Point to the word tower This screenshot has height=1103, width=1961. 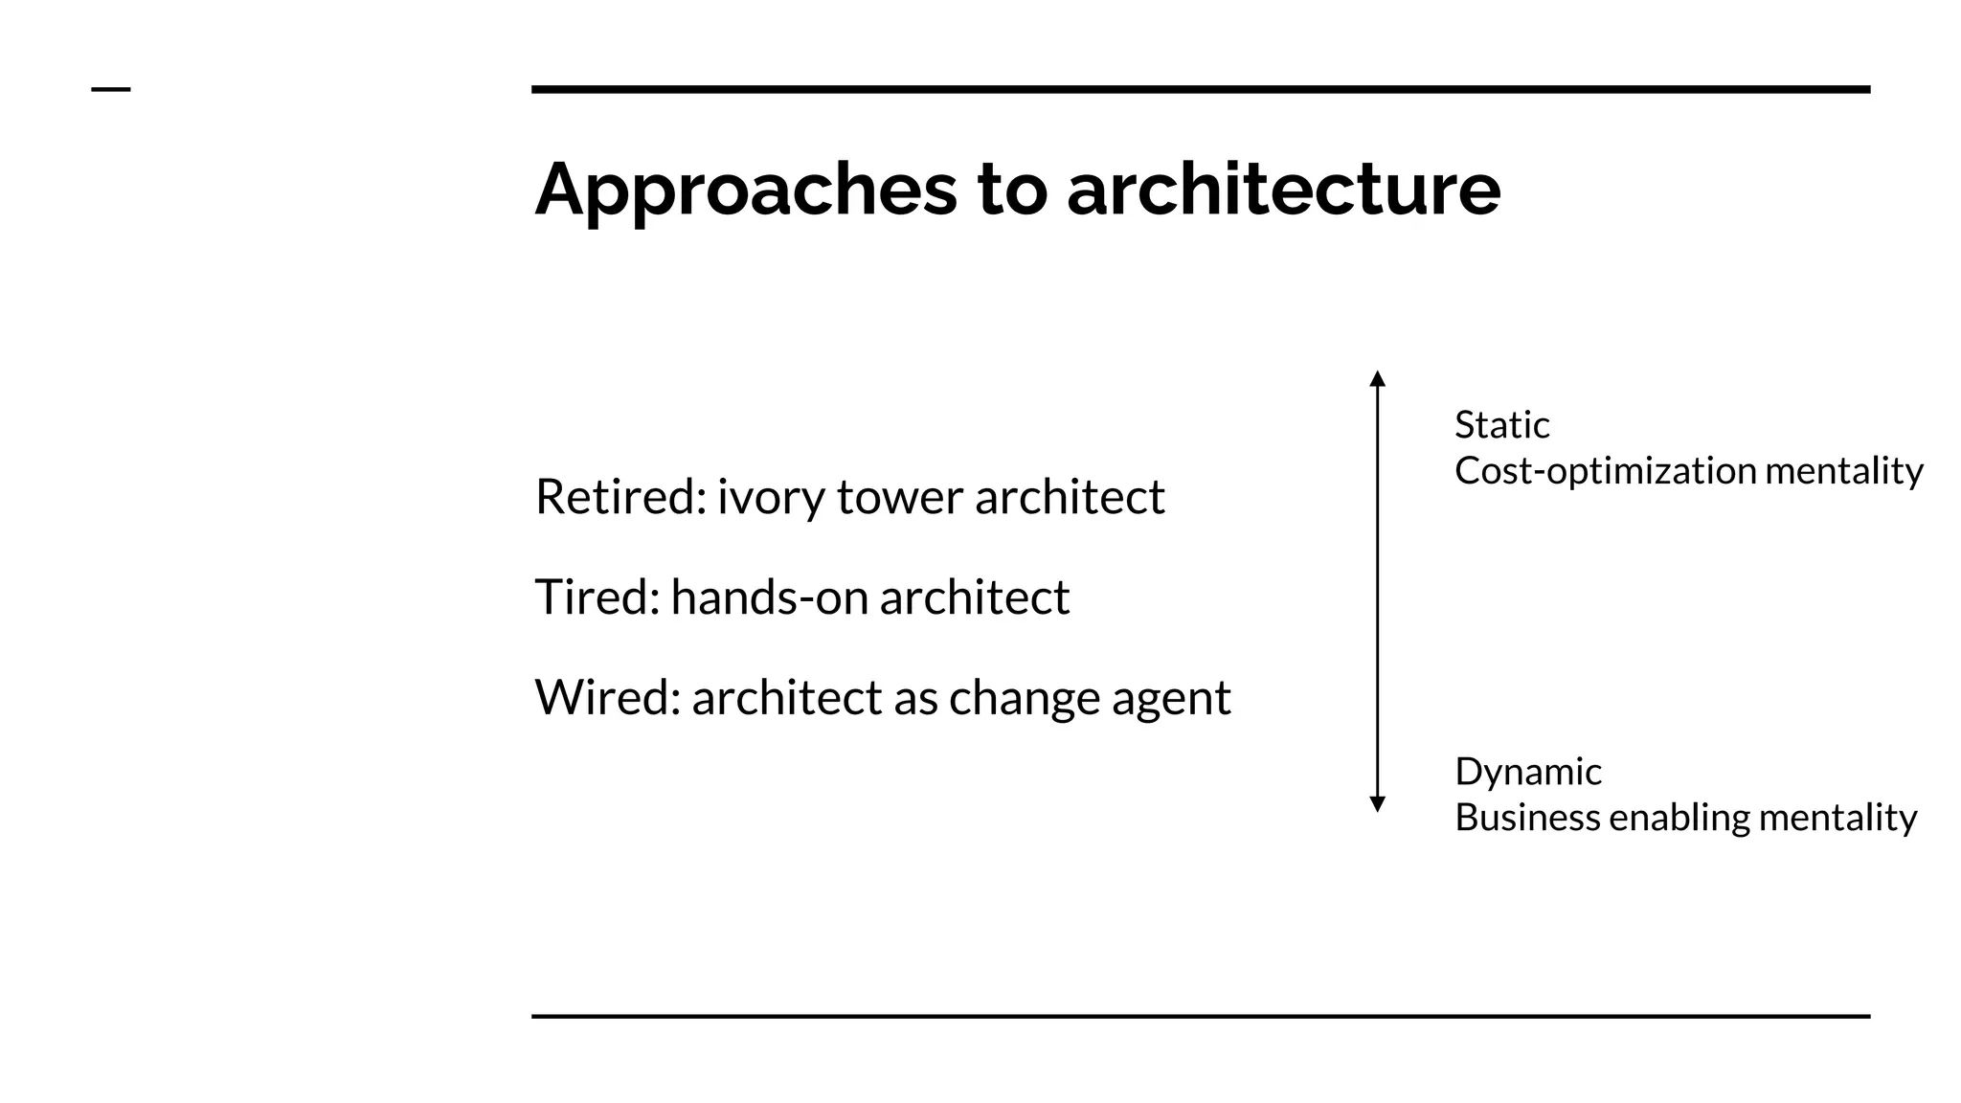pos(900,497)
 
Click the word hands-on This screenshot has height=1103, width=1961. pos(770,597)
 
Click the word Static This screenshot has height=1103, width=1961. pos(1501,424)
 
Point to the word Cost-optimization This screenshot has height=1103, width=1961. pos(1605,471)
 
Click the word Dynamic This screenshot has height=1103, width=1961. pos(1527,771)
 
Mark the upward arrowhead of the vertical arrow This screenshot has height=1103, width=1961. pos(1377,378)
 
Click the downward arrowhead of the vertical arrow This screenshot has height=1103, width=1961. pos(1377,804)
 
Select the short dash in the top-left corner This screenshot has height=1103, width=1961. pos(111,90)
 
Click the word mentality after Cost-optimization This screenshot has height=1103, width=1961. pos(1843,471)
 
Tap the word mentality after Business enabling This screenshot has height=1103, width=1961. pos(1837,818)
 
